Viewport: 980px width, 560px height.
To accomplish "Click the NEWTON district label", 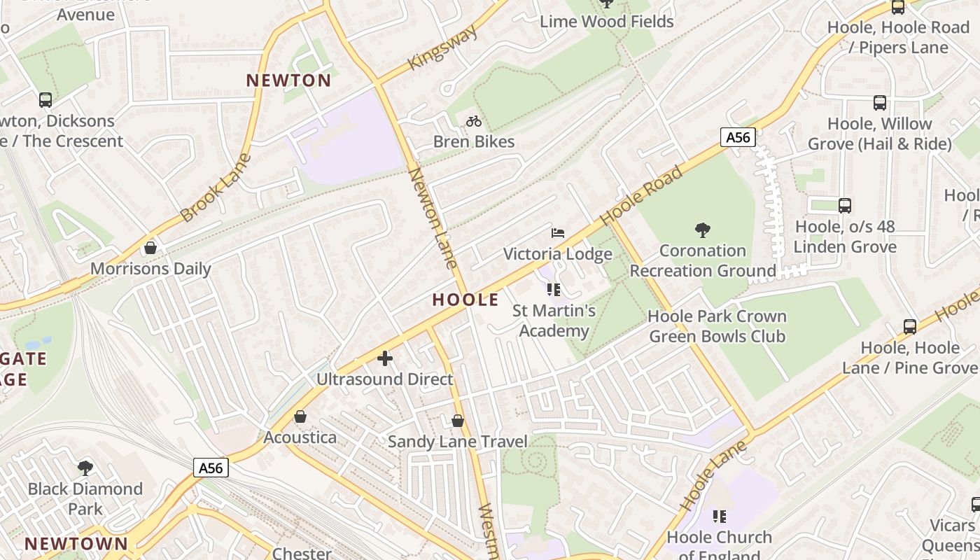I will [288, 80].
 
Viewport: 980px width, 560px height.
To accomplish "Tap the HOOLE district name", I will [465, 300].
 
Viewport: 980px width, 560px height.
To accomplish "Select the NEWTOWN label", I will [76, 544].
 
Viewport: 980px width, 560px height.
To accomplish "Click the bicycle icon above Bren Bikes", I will [474, 121].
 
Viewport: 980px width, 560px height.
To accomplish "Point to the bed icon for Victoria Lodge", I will [558, 233].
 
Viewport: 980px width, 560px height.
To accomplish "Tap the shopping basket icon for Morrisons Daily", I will [150, 248].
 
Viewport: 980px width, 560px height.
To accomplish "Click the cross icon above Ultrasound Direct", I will [384, 358].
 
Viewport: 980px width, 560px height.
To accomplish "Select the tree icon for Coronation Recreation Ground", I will [702, 230].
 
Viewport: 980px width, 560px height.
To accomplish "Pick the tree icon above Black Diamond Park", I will [85, 468].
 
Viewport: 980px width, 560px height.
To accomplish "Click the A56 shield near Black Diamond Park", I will [211, 468].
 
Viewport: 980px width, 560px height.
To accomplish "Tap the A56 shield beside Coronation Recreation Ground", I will [738, 137].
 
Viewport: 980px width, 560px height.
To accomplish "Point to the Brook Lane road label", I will [216, 188].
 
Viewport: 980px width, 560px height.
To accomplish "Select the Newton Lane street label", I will [433, 218].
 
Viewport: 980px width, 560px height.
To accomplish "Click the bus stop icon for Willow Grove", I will [880, 103].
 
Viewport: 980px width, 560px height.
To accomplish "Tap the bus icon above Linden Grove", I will [845, 206].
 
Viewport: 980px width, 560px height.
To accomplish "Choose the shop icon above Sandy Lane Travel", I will [458, 421].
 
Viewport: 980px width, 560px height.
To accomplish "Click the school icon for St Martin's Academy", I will [554, 290].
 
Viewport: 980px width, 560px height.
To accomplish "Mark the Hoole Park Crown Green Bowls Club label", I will [717, 326].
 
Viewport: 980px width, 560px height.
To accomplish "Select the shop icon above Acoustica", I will [300, 417].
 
